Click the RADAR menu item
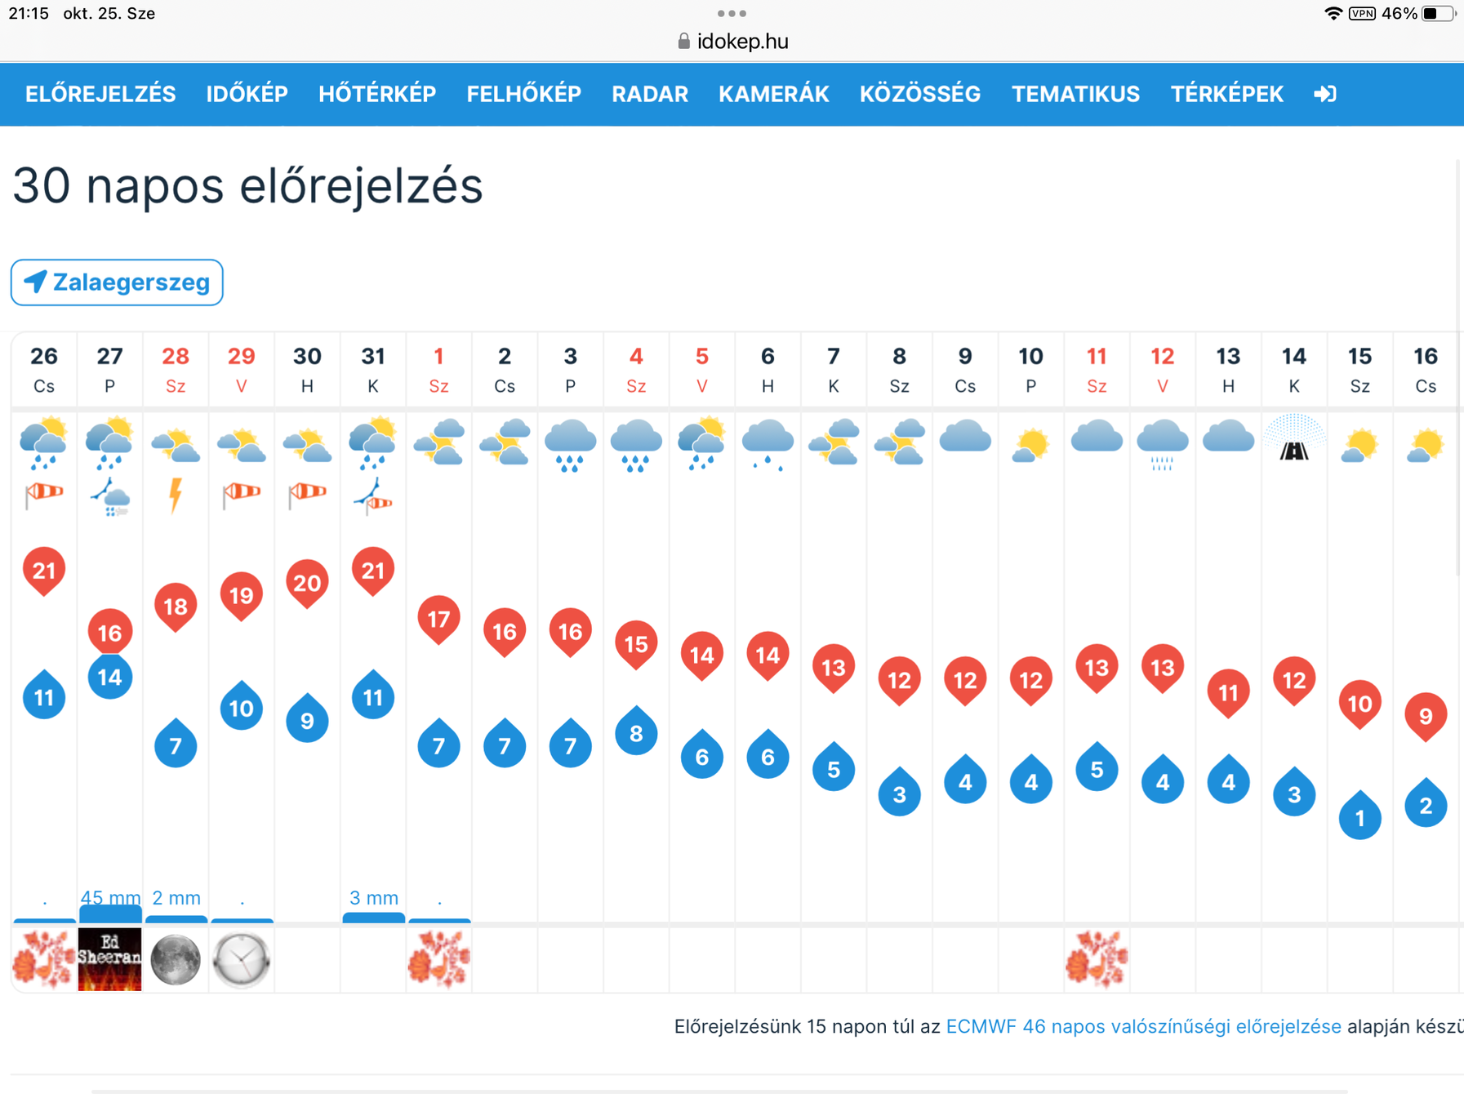(650, 95)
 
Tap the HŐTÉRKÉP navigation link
(377, 95)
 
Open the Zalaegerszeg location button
(117, 282)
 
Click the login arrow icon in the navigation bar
(1324, 95)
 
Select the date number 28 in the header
(176, 357)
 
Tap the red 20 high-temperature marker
(307, 583)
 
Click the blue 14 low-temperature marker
(110, 677)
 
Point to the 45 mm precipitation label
(110, 898)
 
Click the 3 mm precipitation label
(374, 898)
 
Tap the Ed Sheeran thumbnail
(110, 959)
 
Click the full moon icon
(176, 959)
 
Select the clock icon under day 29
(242, 959)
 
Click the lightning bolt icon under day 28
(176, 495)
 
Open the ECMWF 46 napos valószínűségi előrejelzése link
(1143, 1026)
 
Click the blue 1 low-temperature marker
(1360, 817)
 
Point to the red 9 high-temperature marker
(1426, 715)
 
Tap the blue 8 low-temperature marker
(636, 733)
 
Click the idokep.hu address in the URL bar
(742, 42)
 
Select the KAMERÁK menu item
(773, 95)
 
